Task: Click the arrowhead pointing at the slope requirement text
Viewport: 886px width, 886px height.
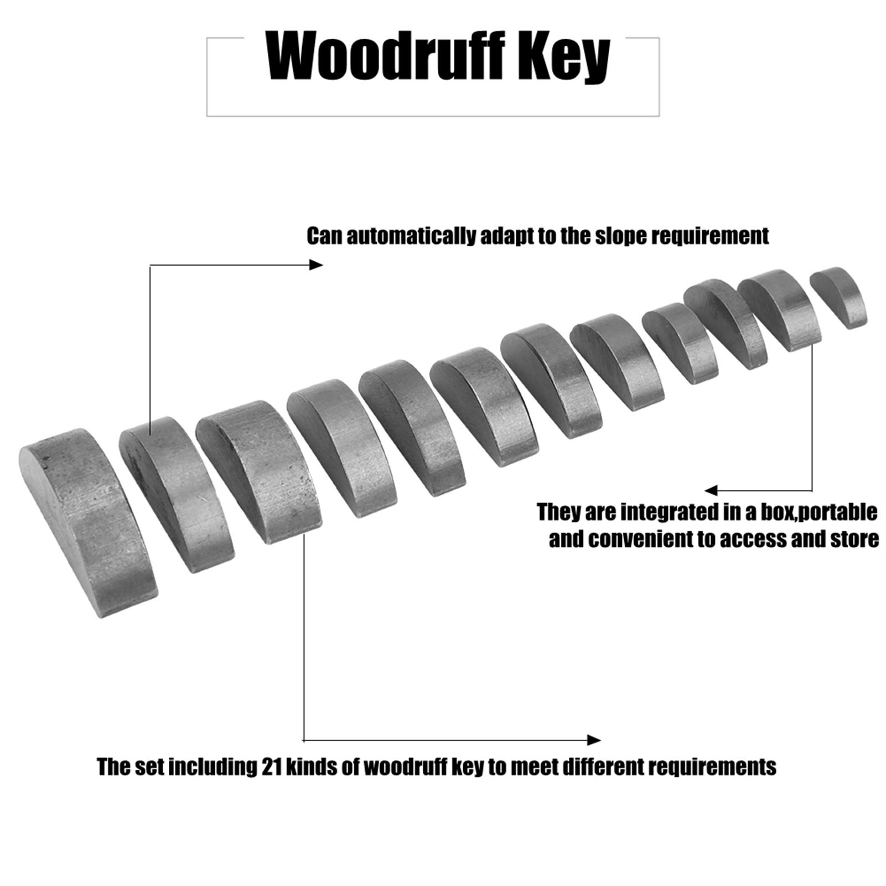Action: point(316,265)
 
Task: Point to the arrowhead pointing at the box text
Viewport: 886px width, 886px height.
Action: point(711,490)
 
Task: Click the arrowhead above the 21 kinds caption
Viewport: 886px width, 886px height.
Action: point(594,740)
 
